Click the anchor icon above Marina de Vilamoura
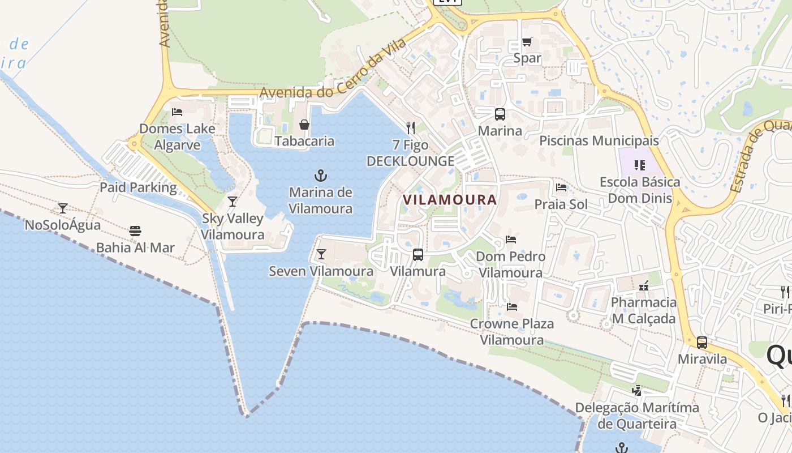[x=321, y=176]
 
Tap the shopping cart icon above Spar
[x=527, y=41]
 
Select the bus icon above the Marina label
[x=500, y=114]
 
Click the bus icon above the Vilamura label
[x=418, y=255]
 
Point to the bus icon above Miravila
[x=702, y=343]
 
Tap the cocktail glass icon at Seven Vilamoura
[x=321, y=254]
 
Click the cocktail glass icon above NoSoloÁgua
[x=63, y=208]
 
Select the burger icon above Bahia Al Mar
[x=135, y=231]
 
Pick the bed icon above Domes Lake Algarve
[x=177, y=112]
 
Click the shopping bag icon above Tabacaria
[x=304, y=125]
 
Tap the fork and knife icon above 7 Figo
[x=411, y=128]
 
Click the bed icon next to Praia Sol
[x=561, y=187]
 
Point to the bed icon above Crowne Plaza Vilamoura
[x=512, y=307]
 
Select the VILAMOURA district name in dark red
[x=450, y=199]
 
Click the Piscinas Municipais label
[x=599, y=140]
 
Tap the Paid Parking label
[x=138, y=187]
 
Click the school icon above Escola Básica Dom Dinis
[x=640, y=165]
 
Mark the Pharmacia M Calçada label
[x=643, y=310]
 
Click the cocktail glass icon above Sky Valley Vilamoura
[x=232, y=202]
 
